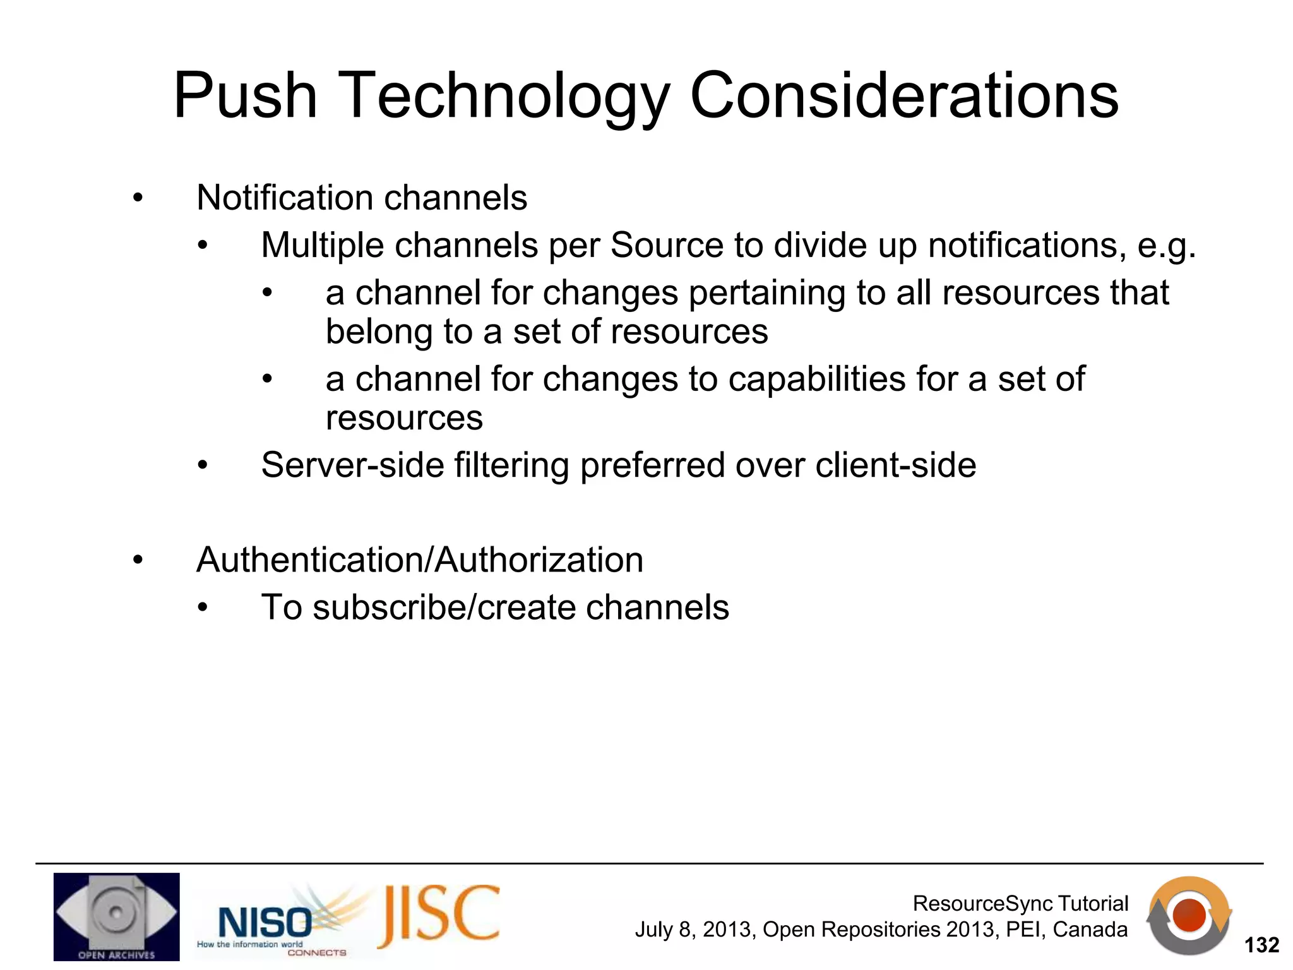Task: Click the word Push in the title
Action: coord(244,96)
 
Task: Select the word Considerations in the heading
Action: coord(904,96)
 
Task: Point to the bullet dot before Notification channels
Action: coord(138,199)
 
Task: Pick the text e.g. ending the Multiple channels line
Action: coord(1166,246)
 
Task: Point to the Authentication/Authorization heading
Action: coord(419,560)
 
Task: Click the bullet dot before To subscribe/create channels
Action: coord(202,608)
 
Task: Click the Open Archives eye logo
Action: coord(116,916)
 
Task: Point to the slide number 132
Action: coord(1261,945)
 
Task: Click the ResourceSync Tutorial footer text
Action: coord(1020,903)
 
